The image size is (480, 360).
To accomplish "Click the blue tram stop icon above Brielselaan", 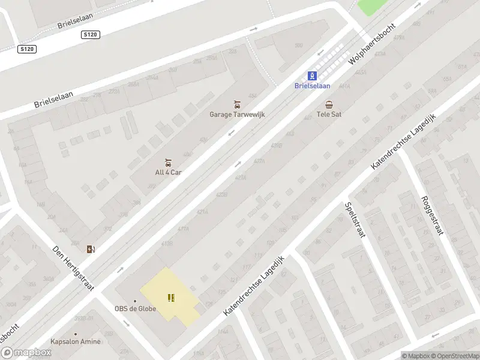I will [312, 76].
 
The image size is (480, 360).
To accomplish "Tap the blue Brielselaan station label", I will [312, 86].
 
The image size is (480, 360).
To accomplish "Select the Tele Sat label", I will [329, 114].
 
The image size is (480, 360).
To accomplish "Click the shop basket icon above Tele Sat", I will [329, 104].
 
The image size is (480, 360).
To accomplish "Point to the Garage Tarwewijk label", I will [237, 114].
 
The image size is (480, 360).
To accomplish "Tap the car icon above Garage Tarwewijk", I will [237, 104].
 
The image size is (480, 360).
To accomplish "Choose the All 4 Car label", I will [168, 172].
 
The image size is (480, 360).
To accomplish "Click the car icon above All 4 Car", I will [168, 162].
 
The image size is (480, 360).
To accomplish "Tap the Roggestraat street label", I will [431, 216].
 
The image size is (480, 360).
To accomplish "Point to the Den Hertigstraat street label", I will [74, 269].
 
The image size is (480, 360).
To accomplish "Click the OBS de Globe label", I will [136, 309].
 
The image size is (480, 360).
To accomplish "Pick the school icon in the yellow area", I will [172, 297].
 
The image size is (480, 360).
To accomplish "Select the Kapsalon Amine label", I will [76, 341].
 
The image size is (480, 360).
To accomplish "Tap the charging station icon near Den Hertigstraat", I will [91, 249].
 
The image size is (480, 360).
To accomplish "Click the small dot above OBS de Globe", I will [135, 301].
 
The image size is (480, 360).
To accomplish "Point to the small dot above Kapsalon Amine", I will [76, 334].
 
